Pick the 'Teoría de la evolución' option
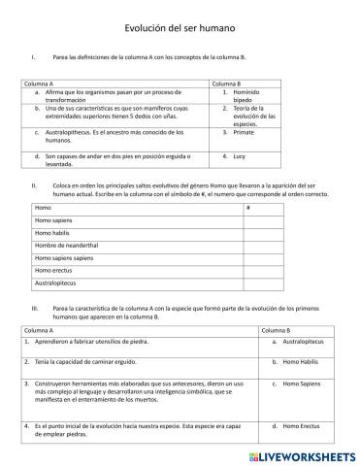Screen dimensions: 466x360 pyautogui.click(x=252, y=115)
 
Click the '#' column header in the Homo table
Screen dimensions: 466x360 pyautogui.click(x=248, y=208)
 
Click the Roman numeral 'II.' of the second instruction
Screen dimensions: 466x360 pyautogui.click(x=34, y=183)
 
